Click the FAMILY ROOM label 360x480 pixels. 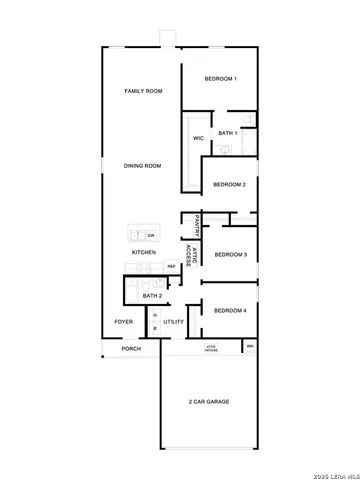click(x=143, y=91)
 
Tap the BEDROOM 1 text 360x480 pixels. click(x=220, y=79)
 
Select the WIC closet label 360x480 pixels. click(x=198, y=138)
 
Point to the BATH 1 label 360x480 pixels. click(x=227, y=133)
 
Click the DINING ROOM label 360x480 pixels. click(x=143, y=166)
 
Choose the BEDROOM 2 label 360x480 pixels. click(x=229, y=184)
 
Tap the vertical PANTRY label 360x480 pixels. click(x=198, y=226)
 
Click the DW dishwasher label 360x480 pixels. click(x=150, y=235)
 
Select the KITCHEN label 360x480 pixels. click(x=143, y=252)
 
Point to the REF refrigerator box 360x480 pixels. click(x=171, y=266)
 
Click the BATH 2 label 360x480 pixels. click(x=152, y=296)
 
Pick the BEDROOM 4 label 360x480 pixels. click(x=230, y=311)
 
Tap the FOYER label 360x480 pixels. click(x=124, y=322)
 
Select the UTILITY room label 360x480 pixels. click(x=174, y=322)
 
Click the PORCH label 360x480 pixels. click(x=131, y=349)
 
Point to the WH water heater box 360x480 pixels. click(x=250, y=346)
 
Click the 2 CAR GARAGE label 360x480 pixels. click(x=209, y=401)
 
